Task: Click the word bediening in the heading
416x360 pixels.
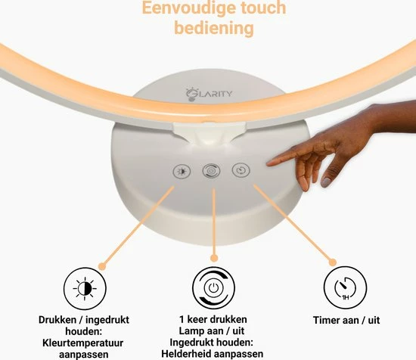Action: coord(214,28)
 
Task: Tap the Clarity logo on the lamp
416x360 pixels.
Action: coord(209,94)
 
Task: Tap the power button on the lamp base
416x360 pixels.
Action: coord(211,171)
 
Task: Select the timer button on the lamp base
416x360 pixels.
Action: coord(241,170)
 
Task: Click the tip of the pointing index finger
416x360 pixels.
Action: coord(269,163)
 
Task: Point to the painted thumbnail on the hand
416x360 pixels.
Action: coord(326,182)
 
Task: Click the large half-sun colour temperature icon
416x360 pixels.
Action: coord(85,288)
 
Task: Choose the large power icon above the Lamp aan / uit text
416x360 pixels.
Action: coord(213,288)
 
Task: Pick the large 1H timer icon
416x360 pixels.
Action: coord(345,288)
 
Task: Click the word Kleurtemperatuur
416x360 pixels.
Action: coord(82,343)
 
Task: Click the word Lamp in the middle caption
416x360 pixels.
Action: coord(190,331)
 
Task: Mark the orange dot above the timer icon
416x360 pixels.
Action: coord(333,262)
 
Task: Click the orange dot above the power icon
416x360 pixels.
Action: coord(214,258)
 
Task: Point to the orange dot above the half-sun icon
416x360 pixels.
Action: coord(102,265)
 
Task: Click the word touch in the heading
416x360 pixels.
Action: coord(263,8)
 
